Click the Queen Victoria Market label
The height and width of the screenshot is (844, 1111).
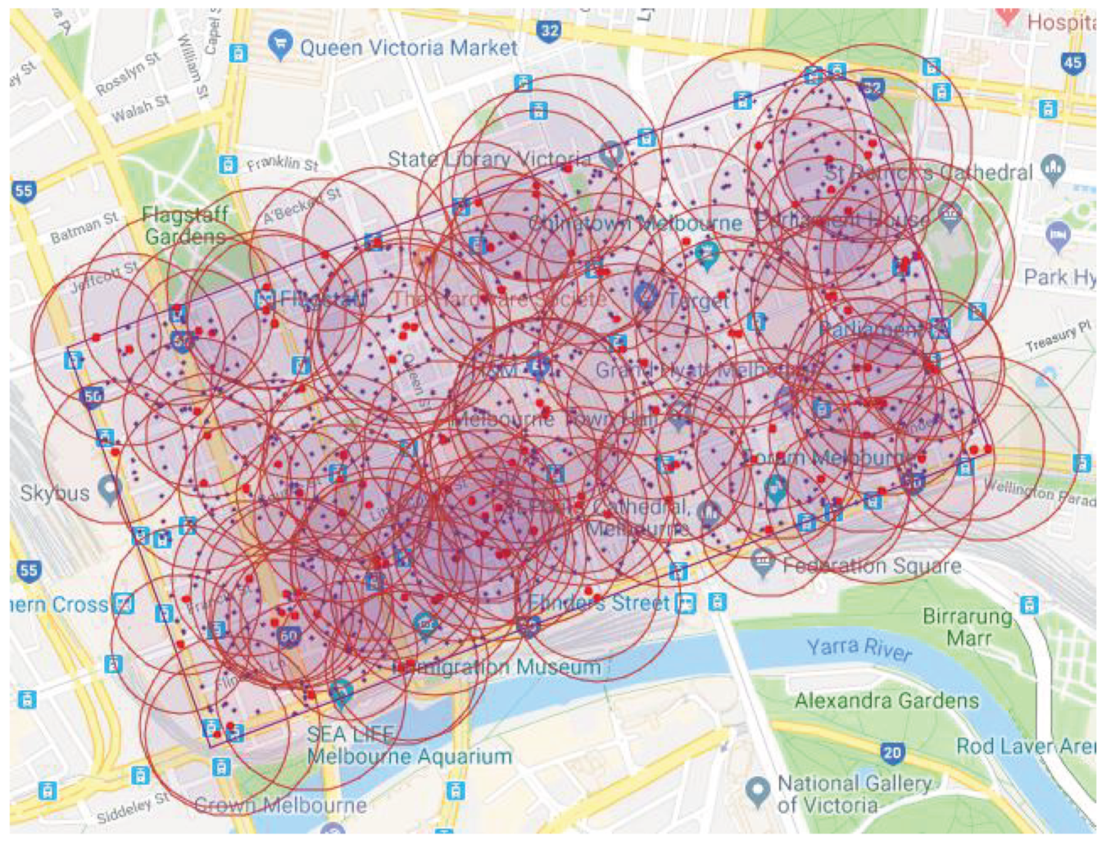408,48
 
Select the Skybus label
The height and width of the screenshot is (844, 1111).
54,493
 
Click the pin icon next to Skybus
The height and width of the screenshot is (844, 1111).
108,489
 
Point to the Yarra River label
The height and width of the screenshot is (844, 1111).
859,648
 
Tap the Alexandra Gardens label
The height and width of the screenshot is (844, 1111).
887,701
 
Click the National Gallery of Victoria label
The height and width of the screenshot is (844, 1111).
854,794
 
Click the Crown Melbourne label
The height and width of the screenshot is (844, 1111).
280,805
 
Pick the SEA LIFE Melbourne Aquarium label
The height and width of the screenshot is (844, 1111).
408,745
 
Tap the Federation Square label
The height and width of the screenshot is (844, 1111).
871,565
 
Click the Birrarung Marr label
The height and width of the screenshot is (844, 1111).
967,627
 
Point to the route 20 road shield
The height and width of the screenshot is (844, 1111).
892,752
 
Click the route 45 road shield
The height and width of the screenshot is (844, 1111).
1072,62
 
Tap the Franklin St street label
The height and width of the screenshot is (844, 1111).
283,164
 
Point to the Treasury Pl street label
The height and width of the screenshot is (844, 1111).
1059,337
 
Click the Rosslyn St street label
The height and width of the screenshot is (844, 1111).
128,73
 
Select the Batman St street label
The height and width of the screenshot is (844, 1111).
84,228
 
